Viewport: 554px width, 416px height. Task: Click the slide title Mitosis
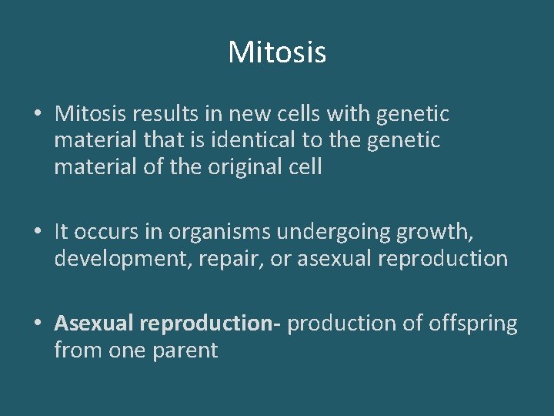tap(277, 52)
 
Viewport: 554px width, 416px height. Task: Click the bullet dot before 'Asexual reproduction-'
tap(38, 324)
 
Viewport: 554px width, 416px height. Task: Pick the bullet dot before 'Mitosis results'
tap(38, 114)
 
